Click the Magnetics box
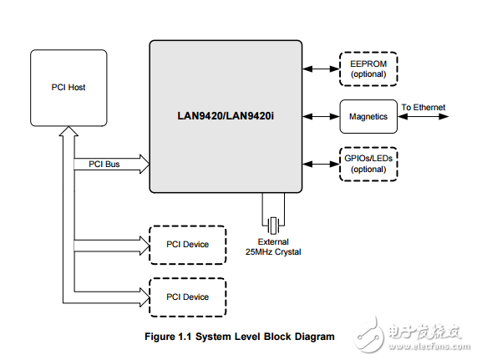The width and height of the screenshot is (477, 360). [x=367, y=116]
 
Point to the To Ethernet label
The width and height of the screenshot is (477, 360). [x=423, y=107]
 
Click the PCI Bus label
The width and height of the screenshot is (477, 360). [x=104, y=164]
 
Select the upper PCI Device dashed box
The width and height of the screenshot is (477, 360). [x=186, y=245]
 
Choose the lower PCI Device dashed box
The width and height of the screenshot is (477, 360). [x=186, y=297]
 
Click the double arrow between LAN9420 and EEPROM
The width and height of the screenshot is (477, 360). [x=320, y=68]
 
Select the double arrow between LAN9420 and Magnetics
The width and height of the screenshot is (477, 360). [x=320, y=116]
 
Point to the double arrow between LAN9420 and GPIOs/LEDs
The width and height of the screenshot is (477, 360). [x=320, y=163]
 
